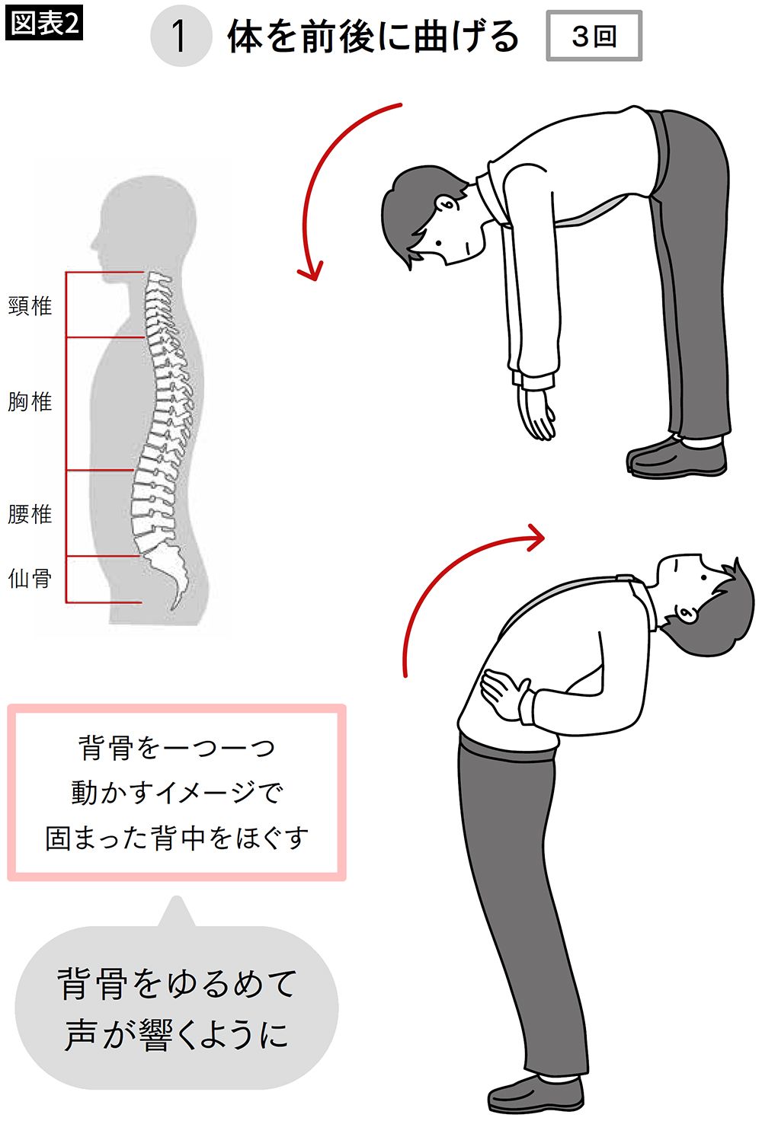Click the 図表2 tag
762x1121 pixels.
[44, 24]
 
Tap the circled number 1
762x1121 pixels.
[181, 36]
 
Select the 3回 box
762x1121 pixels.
[594, 36]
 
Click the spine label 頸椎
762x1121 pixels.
[30, 305]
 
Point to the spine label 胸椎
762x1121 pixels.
[30, 401]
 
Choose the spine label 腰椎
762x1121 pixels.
[30, 514]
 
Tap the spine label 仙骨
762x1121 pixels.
[30, 579]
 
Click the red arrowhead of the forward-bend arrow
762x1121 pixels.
[311, 272]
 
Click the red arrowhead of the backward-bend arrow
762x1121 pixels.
[536, 538]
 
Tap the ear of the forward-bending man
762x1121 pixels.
[446, 204]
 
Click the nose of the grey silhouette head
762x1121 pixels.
[93, 246]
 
